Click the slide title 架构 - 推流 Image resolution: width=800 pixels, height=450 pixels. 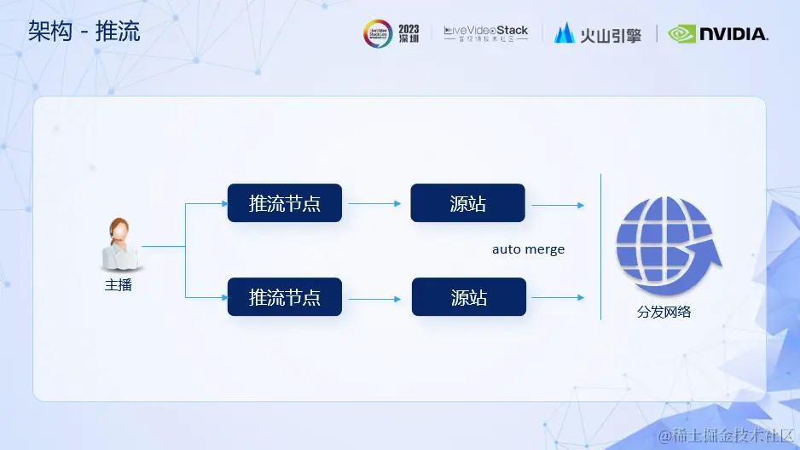click(x=84, y=32)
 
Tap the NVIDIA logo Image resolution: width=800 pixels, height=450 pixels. click(x=718, y=34)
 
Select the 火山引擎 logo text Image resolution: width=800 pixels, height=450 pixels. click(x=598, y=34)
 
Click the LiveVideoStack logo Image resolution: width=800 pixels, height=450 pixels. click(x=485, y=33)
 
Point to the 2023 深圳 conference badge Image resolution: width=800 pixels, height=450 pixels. click(x=391, y=33)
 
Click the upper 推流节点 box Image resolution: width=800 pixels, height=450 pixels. click(x=284, y=203)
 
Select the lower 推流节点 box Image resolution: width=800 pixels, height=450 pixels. click(x=284, y=297)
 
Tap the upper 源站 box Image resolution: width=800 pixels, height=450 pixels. click(x=467, y=203)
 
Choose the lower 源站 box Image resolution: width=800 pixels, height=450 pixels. click(x=468, y=297)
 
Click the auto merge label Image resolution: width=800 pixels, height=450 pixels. click(x=528, y=249)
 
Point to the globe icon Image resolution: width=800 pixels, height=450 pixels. click(x=667, y=244)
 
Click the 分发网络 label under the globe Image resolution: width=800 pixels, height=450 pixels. click(x=664, y=313)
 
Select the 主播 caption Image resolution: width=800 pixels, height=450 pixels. click(x=118, y=285)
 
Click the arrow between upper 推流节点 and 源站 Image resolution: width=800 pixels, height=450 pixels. click(x=375, y=204)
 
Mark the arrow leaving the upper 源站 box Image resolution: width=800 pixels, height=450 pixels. click(x=558, y=205)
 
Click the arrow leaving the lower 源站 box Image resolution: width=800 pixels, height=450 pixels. click(x=558, y=297)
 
